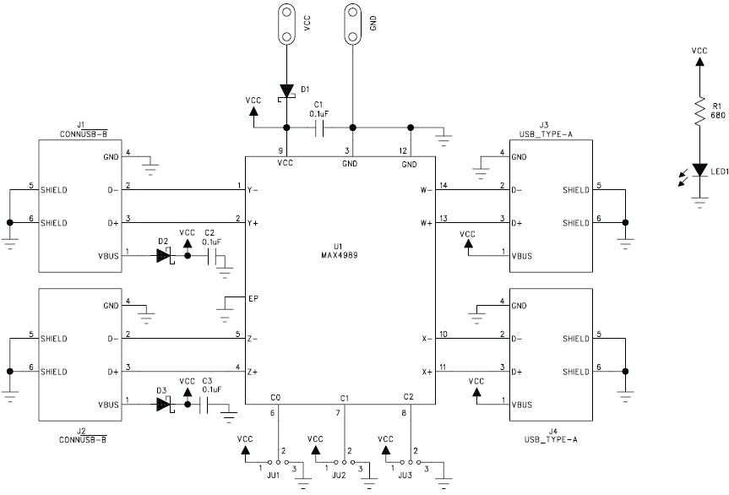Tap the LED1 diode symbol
(699, 170)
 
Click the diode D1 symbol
(286, 90)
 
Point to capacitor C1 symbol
(319, 128)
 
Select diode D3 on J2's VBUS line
(164, 405)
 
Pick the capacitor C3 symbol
(207, 405)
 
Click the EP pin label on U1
(253, 298)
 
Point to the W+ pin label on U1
(426, 223)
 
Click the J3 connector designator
(544, 125)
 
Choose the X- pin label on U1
(427, 339)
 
